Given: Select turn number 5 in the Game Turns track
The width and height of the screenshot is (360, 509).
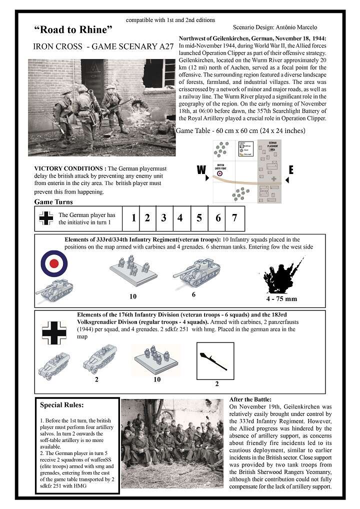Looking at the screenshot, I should pyautogui.click(x=199, y=217).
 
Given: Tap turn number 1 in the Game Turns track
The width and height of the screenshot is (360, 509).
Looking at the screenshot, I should pyautogui.click(x=133, y=217).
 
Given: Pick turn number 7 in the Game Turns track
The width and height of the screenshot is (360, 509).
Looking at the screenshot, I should pyautogui.click(x=234, y=217).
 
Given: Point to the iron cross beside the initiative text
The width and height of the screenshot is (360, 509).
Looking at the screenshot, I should pyautogui.click(x=46, y=218).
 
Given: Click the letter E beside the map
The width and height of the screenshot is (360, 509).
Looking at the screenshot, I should pyautogui.click(x=290, y=170).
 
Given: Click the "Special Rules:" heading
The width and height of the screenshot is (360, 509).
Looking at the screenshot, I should pyautogui.click(x=62, y=404).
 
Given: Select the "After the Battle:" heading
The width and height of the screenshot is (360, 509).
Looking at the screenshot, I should pyautogui.click(x=250, y=399).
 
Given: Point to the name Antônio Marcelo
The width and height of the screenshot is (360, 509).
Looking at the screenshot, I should pyautogui.click(x=295, y=27).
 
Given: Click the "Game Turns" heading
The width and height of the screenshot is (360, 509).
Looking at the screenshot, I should pyautogui.click(x=53, y=201).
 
